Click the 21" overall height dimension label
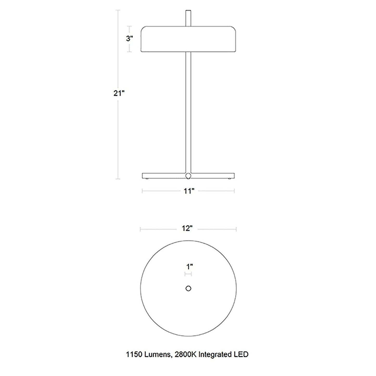pyautogui.click(x=119, y=93)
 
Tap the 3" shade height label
pyautogui.click(x=129, y=39)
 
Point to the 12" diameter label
pyautogui.click(x=188, y=228)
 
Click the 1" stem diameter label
pyautogui.click(x=189, y=266)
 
